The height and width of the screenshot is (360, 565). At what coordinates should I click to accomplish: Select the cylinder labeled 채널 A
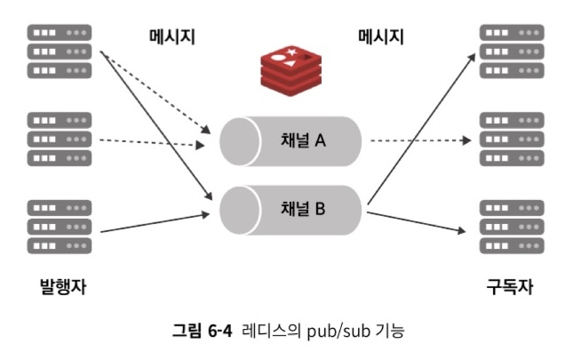click(x=291, y=140)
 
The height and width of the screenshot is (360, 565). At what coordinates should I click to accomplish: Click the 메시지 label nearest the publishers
click(x=171, y=36)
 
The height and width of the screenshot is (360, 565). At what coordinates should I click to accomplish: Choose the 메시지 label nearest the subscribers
click(x=381, y=36)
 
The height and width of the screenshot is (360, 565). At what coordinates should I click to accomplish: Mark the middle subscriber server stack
click(x=511, y=140)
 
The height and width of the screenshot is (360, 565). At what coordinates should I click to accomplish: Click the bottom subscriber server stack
click(x=511, y=227)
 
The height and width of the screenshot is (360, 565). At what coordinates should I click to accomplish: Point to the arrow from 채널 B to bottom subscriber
click(x=418, y=223)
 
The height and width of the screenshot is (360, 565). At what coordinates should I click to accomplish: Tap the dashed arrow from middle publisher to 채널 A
click(x=151, y=142)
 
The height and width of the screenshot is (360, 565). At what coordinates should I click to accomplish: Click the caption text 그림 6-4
click(x=202, y=332)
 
